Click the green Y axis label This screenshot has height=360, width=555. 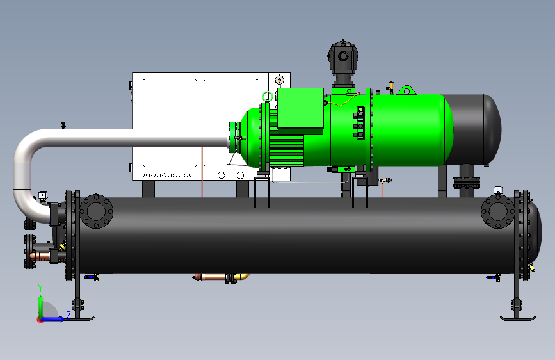pyautogui.click(x=40, y=288)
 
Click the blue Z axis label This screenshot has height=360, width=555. pyautogui.click(x=68, y=315)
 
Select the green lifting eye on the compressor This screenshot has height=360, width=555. pyautogui.click(x=406, y=90)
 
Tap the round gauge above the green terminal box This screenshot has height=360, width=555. pyautogui.click(x=279, y=80)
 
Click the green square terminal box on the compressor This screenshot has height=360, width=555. pyautogui.click(x=300, y=108)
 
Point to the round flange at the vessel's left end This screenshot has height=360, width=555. pyautogui.click(x=96, y=211)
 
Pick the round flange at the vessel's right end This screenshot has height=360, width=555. pyautogui.click(x=497, y=211)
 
